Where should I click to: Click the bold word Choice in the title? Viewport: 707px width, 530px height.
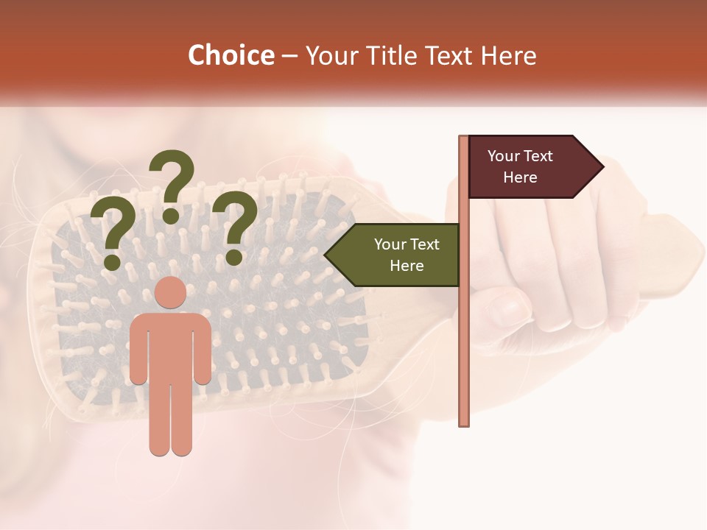[x=231, y=56]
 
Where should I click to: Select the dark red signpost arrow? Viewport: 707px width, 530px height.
[x=527, y=166]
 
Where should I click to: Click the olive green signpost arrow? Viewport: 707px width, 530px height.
[x=398, y=255]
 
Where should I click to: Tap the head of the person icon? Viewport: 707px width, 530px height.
[x=171, y=293]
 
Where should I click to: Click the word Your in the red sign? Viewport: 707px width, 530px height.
[x=504, y=156]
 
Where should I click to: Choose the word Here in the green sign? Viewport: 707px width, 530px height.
[x=406, y=266]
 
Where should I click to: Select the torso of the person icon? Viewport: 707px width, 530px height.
[x=171, y=346]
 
